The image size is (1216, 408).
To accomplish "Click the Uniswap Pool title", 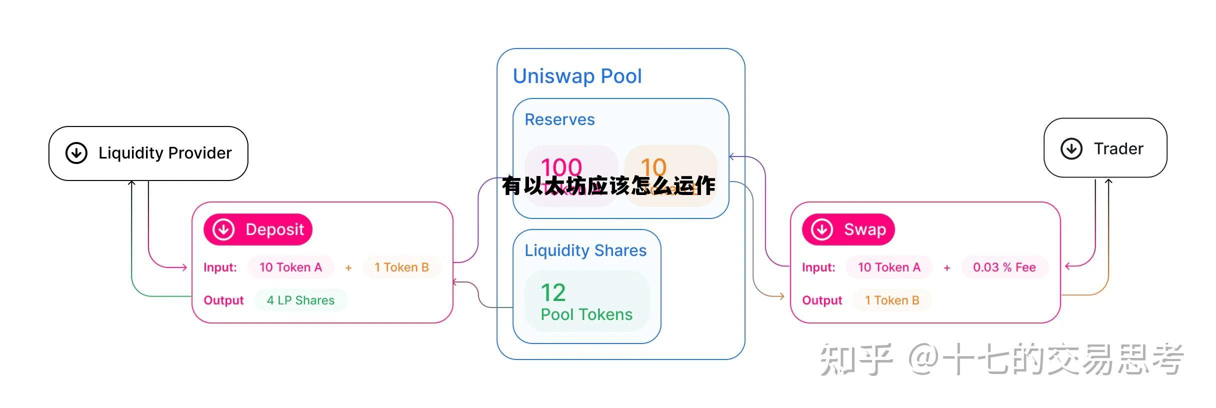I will point(577,76).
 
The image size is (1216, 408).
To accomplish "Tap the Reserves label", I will point(559,120).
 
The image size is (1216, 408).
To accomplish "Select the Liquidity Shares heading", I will point(585,250).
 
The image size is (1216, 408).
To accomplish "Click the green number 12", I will point(553,292).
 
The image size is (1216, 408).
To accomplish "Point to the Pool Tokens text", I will point(586,314).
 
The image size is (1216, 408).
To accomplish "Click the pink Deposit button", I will point(258,229).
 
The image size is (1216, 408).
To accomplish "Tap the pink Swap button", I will point(848,229).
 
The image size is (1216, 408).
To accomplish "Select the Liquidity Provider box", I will point(148,153).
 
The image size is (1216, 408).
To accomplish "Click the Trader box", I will point(1105,148).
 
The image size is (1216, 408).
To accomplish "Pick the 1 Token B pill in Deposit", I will point(401,267).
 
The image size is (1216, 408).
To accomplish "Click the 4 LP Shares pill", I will point(300,300).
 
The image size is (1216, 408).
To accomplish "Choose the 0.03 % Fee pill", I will point(1004,267).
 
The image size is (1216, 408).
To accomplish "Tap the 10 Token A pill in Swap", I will point(889,267).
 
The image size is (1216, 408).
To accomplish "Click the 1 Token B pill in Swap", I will point(892,300).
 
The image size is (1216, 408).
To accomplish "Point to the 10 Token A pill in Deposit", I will point(290,267).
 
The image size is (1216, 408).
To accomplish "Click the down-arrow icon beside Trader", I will point(1071,148).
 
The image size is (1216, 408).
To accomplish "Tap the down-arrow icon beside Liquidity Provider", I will point(76,153).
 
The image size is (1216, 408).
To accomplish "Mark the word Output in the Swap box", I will point(822,300).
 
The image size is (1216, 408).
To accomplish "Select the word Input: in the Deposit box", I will point(220,267).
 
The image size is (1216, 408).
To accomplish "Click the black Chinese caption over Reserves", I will point(608,186).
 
